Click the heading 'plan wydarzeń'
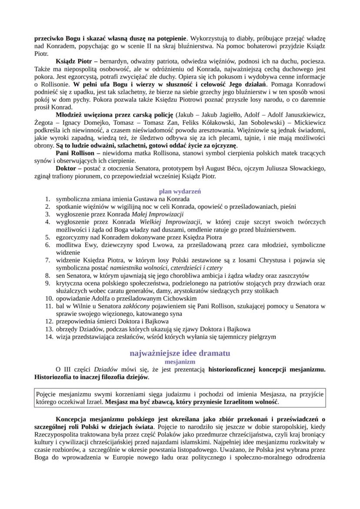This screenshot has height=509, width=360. tap(180, 191)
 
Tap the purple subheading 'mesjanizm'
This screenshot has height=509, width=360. tap(180, 361)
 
